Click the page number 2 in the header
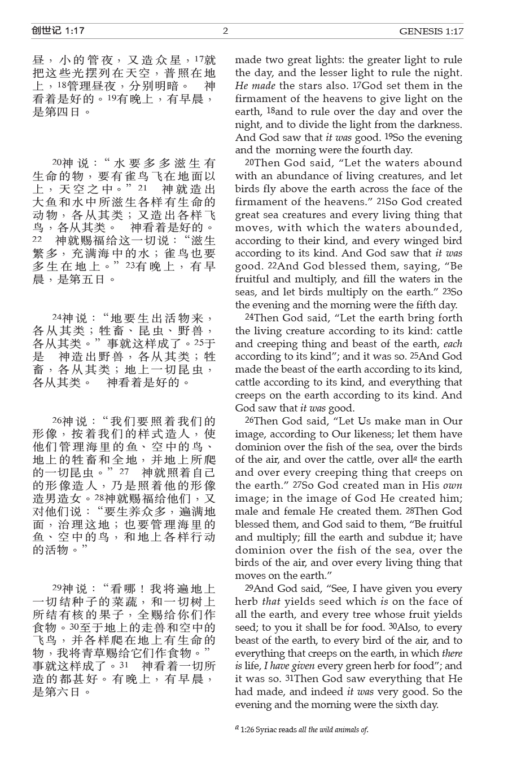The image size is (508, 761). tap(226, 31)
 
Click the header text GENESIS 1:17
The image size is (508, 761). tap(431, 32)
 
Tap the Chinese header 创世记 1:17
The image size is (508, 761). tap(58, 31)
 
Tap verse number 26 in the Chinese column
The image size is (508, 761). tap(57, 421)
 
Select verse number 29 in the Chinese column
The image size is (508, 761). tap(57, 588)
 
